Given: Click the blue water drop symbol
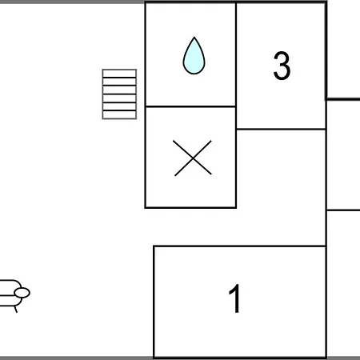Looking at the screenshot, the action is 194,55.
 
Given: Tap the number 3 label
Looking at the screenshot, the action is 282,66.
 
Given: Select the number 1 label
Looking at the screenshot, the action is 235,298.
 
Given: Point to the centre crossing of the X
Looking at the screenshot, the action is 193,158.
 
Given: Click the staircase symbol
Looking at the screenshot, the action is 119,94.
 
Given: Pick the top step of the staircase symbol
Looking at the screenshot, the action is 119,74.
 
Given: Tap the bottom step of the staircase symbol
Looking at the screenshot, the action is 119,114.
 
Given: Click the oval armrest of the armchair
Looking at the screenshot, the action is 22,293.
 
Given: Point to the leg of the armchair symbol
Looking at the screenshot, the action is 15,310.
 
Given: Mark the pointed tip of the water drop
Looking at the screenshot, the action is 194,37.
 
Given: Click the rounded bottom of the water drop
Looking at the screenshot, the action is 194,73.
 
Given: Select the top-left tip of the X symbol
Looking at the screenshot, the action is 174,141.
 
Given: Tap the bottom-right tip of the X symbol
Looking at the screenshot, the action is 211,174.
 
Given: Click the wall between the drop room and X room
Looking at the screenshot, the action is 190,106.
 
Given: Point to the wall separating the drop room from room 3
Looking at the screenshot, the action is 236,54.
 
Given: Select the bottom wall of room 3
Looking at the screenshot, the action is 281,129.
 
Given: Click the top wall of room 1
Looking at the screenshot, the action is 240,246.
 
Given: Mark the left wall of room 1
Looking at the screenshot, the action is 154,302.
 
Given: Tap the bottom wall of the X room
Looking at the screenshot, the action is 190,207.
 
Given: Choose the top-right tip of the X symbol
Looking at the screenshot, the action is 211,141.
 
